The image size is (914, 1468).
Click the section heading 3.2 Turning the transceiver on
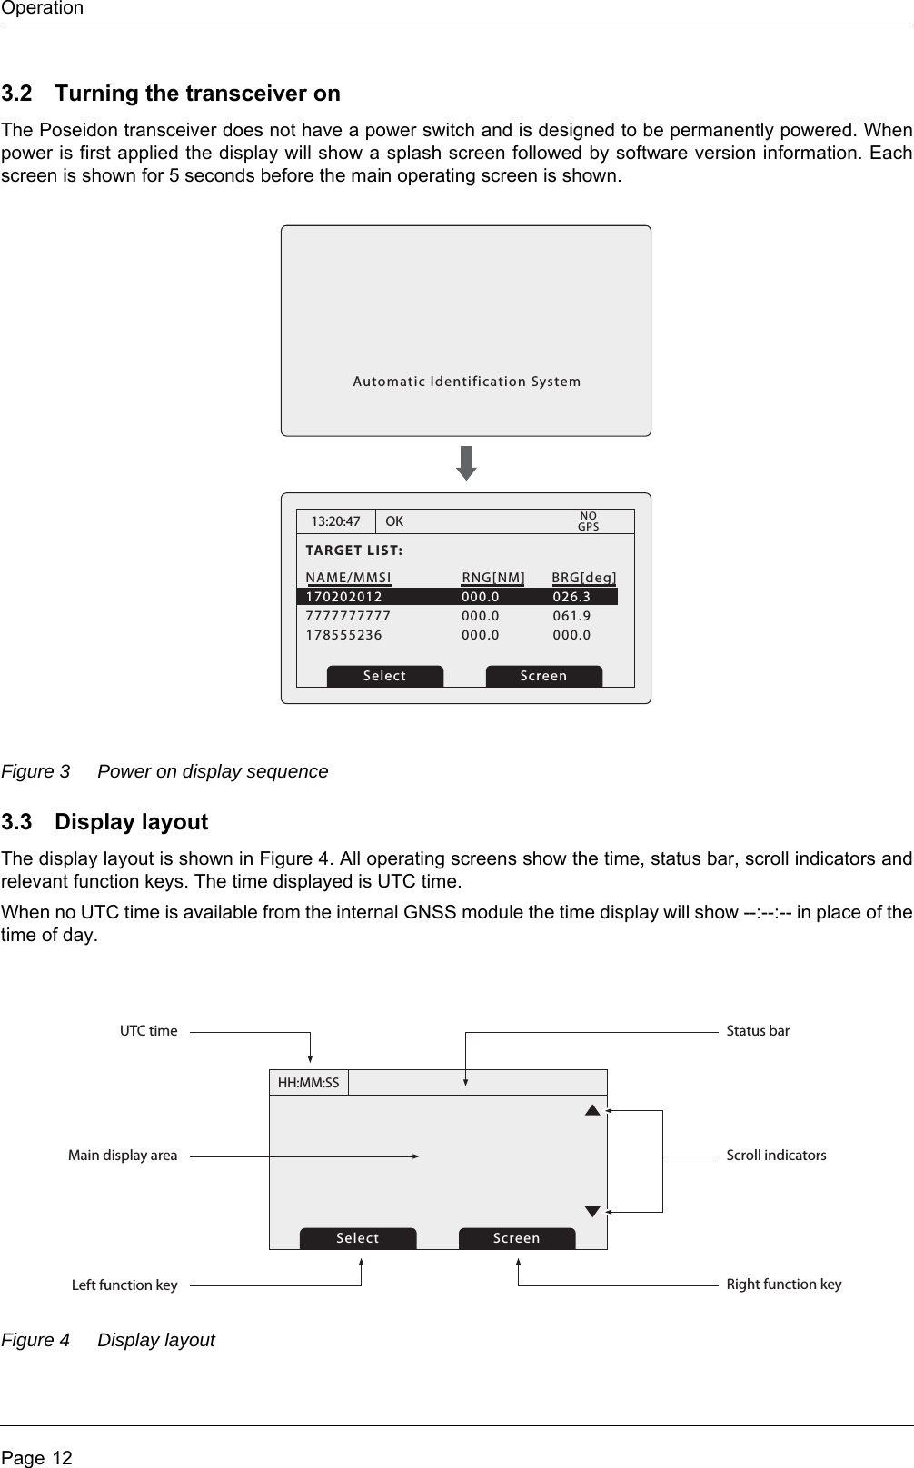click(171, 94)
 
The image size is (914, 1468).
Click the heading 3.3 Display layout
click(104, 822)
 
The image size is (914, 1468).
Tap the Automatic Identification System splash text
click(466, 382)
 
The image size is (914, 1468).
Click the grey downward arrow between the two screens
click(466, 463)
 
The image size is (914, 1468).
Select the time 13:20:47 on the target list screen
click(335, 522)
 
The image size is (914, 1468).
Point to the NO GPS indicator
click(589, 521)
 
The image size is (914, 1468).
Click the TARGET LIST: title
click(354, 551)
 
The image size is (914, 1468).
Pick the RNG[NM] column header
click(493, 578)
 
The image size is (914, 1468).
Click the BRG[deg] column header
click(584, 578)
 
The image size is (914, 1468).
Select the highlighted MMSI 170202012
click(344, 597)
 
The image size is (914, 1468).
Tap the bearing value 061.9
click(571, 616)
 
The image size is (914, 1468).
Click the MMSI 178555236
click(344, 635)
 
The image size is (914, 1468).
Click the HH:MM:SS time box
click(308, 1083)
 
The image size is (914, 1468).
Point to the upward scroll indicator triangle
click(592, 1109)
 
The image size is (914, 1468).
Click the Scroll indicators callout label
click(776, 1156)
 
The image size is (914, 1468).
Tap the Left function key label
click(124, 1285)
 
